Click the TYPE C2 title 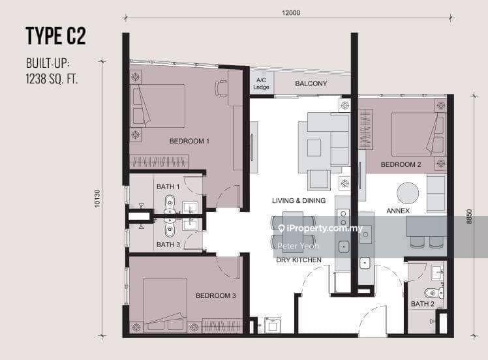(x=55, y=36)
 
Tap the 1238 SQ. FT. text (x=52, y=79)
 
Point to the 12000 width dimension (x=291, y=13)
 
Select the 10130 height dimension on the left (x=97, y=198)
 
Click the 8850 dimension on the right (x=469, y=217)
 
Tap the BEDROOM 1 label (x=189, y=141)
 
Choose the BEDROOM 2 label (x=401, y=164)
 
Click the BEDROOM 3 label (x=216, y=295)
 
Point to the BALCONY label (x=311, y=83)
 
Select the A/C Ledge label (x=261, y=83)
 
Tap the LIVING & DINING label (x=299, y=201)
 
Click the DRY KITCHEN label (x=299, y=260)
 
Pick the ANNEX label (x=398, y=211)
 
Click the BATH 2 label (x=422, y=304)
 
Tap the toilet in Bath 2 (x=434, y=293)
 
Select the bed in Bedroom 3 (x=165, y=305)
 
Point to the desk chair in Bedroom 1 (x=221, y=88)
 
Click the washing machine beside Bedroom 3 (x=273, y=325)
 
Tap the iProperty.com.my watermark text (x=320, y=228)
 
